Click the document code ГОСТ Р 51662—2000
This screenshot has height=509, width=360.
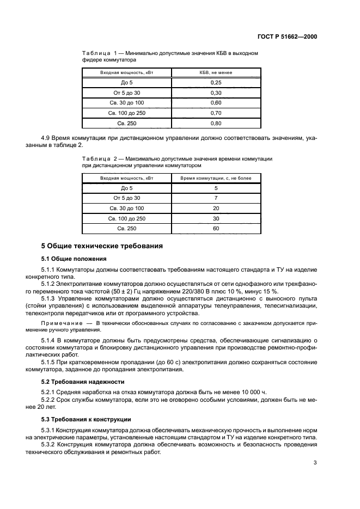pyautogui.click(x=288, y=36)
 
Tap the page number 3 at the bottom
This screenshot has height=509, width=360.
pyautogui.click(x=315, y=463)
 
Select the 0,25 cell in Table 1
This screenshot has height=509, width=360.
pyautogui.click(x=216, y=82)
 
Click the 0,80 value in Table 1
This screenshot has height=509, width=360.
pyautogui.click(x=216, y=124)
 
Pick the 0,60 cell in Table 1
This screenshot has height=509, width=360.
pyautogui.click(x=216, y=103)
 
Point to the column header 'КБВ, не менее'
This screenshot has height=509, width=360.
pyautogui.click(x=216, y=72)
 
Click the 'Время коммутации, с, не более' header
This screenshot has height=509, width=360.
pyautogui.click(x=216, y=177)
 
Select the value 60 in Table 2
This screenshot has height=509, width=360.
pyautogui.click(x=216, y=229)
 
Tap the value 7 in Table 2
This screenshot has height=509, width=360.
pyautogui.click(x=216, y=198)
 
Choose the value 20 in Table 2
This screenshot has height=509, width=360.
pyautogui.click(x=216, y=208)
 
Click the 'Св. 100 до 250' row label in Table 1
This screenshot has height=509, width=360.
pyautogui.click(x=126, y=113)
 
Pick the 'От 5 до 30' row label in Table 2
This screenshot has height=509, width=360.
pyautogui.click(x=126, y=198)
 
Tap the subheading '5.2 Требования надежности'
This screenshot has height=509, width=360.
pyautogui.click(x=83, y=382)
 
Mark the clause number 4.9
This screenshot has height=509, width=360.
pyautogui.click(x=47, y=139)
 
